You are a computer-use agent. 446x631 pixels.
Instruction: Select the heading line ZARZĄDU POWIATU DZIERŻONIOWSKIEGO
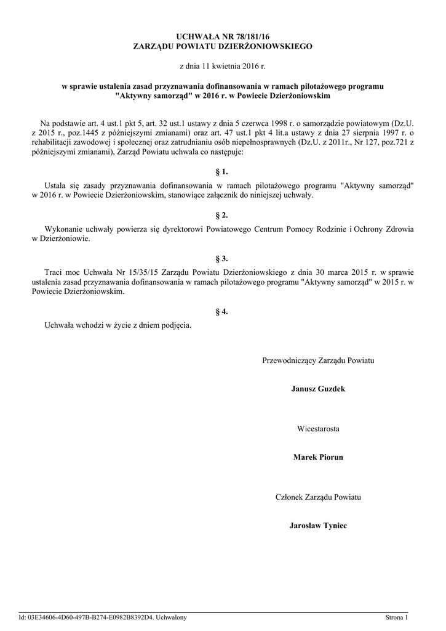222,47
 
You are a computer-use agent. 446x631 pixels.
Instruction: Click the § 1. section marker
222,172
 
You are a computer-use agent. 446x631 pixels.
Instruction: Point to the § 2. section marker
222,216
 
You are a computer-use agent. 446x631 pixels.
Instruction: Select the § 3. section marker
222,259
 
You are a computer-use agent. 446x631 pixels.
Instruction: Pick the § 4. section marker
222,311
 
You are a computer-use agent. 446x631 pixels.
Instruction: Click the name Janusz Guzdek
318,389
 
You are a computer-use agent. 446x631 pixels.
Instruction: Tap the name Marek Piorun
318,457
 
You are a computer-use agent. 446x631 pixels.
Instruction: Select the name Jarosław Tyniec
318,526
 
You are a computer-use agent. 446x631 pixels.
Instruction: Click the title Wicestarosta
318,428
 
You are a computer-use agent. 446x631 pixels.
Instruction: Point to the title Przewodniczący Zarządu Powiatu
318,359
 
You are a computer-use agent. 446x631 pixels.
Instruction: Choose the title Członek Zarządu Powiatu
318,496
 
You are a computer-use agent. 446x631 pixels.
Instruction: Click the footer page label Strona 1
396,617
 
